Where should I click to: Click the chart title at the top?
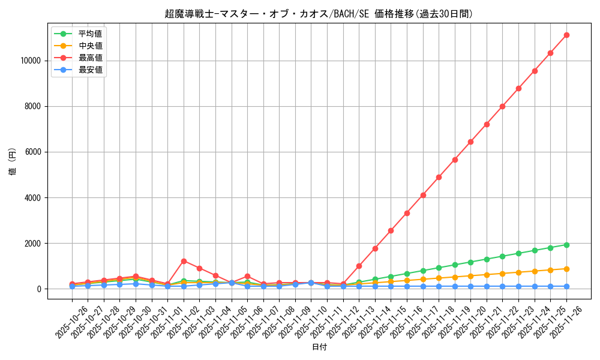[x=319, y=13]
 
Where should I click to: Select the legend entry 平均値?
[x=90, y=34]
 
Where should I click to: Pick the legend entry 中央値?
[x=90, y=46]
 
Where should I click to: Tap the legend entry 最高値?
[x=90, y=58]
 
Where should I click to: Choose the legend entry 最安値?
[x=90, y=70]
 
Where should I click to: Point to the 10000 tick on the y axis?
[x=30, y=61]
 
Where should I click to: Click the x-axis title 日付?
[x=319, y=347]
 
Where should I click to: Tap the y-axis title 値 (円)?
[x=13, y=161]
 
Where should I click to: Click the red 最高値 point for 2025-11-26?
[x=566, y=35]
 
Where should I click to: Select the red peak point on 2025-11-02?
[x=184, y=261]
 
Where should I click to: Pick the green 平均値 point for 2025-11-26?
[x=566, y=245]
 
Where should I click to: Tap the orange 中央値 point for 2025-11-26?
[x=566, y=269]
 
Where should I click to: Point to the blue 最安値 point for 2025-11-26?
[x=566, y=286]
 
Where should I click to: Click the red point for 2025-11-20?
[x=470, y=142]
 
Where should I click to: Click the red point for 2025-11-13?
[x=359, y=266]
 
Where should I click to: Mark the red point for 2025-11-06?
[x=247, y=276]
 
